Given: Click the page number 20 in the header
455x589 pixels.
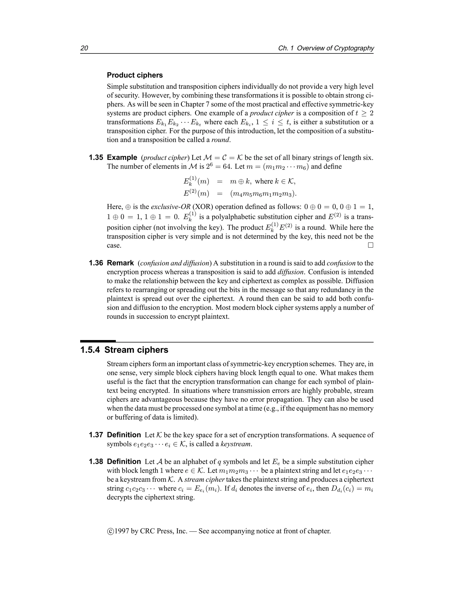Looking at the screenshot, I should pos(84,48).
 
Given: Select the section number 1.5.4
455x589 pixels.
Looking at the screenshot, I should pos(90,350).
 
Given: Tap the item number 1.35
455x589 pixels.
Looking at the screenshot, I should pos(96,158).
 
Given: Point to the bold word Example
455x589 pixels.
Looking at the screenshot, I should pos(122,158).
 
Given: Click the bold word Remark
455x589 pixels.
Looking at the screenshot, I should pos(120,263).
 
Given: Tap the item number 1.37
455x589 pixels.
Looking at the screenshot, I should pos(96,435).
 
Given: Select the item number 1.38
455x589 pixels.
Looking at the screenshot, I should pos(96,462).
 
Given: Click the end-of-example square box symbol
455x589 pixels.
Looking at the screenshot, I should pos(371,245).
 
